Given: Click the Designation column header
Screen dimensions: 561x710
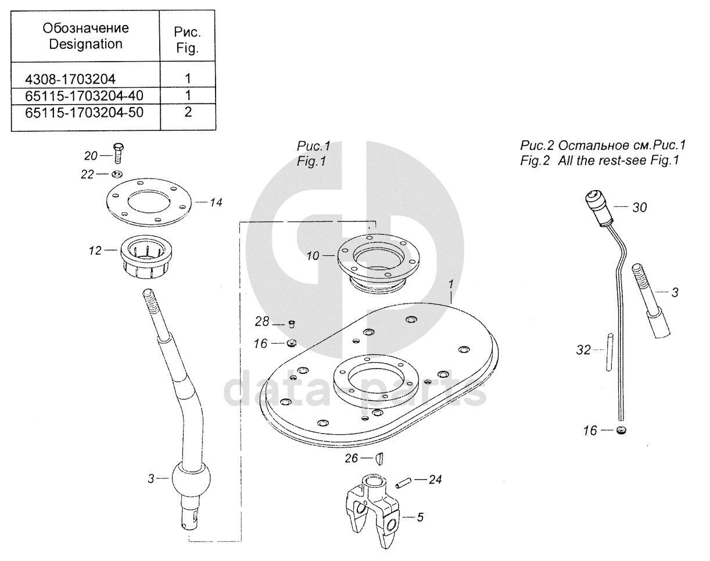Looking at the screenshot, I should tap(85, 36).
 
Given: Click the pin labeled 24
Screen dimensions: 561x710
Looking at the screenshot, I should tap(404, 481).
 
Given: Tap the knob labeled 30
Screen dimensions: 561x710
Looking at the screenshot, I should tap(599, 206).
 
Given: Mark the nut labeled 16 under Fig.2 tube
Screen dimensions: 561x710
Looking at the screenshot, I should tap(622, 431).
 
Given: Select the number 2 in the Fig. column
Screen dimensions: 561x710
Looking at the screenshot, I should tap(188, 112).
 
